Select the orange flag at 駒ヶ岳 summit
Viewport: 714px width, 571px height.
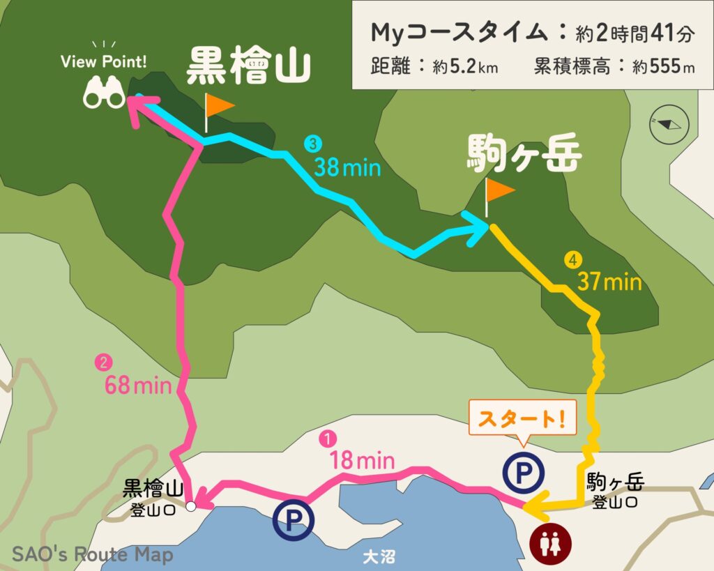pyautogui.click(x=499, y=190)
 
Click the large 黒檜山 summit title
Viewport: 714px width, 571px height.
pyautogui.click(x=248, y=66)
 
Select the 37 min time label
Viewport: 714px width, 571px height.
pyautogui.click(x=609, y=282)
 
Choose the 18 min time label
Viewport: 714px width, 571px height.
pyautogui.click(x=363, y=461)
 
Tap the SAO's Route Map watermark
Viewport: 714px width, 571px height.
pyautogui.click(x=92, y=555)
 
